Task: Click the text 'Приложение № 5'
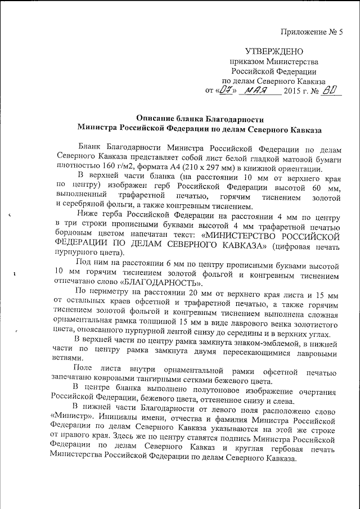[316, 31]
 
